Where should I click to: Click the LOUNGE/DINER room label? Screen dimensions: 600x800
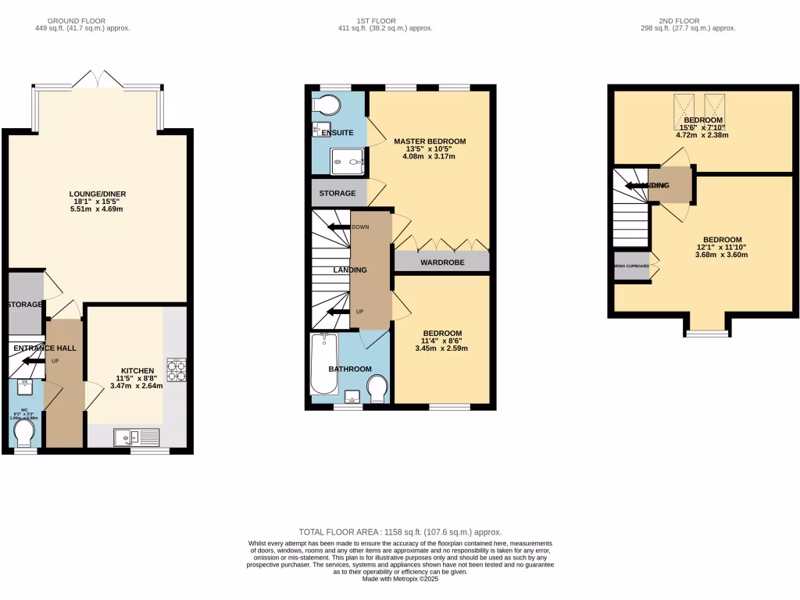point(98,194)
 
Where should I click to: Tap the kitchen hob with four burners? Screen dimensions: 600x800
point(176,370)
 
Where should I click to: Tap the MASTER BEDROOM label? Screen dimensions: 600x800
point(429,141)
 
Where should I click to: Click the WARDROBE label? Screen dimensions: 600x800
point(442,262)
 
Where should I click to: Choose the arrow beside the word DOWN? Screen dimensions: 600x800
point(339,227)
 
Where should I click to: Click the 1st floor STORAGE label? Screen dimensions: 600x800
point(337,193)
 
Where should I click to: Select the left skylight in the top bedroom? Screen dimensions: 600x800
point(684,112)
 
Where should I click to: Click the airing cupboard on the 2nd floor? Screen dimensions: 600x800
point(632,266)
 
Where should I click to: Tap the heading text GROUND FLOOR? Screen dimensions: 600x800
point(76,20)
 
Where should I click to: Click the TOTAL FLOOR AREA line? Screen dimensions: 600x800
point(400,532)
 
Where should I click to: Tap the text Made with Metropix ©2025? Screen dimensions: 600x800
point(400,579)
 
